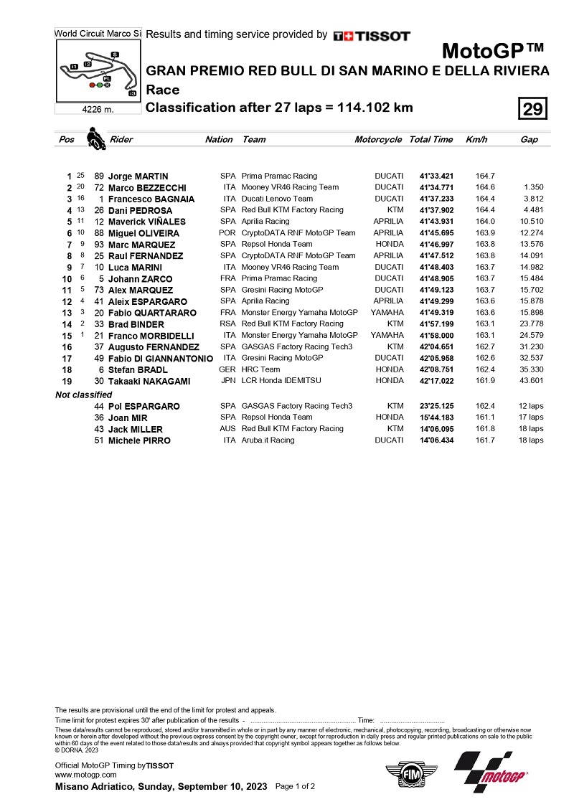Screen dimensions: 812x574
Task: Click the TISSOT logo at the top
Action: [372, 36]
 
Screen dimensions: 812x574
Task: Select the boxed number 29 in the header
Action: [532, 109]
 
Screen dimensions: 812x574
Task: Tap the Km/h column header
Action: [476, 140]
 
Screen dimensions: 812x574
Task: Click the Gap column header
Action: [529, 140]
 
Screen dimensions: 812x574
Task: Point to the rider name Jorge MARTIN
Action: [138, 176]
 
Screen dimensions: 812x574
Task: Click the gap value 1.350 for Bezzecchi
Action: [532, 187]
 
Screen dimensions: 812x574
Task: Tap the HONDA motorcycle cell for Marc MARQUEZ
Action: [390, 245]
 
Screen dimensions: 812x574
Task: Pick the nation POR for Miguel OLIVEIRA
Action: [227, 233]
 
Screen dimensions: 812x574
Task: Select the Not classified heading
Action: [84, 395]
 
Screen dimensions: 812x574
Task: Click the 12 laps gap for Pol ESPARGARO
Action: [531, 406]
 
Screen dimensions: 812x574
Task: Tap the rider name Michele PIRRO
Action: [139, 440]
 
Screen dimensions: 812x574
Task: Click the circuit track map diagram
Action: [98, 71]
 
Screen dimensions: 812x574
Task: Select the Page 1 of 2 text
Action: [295, 787]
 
